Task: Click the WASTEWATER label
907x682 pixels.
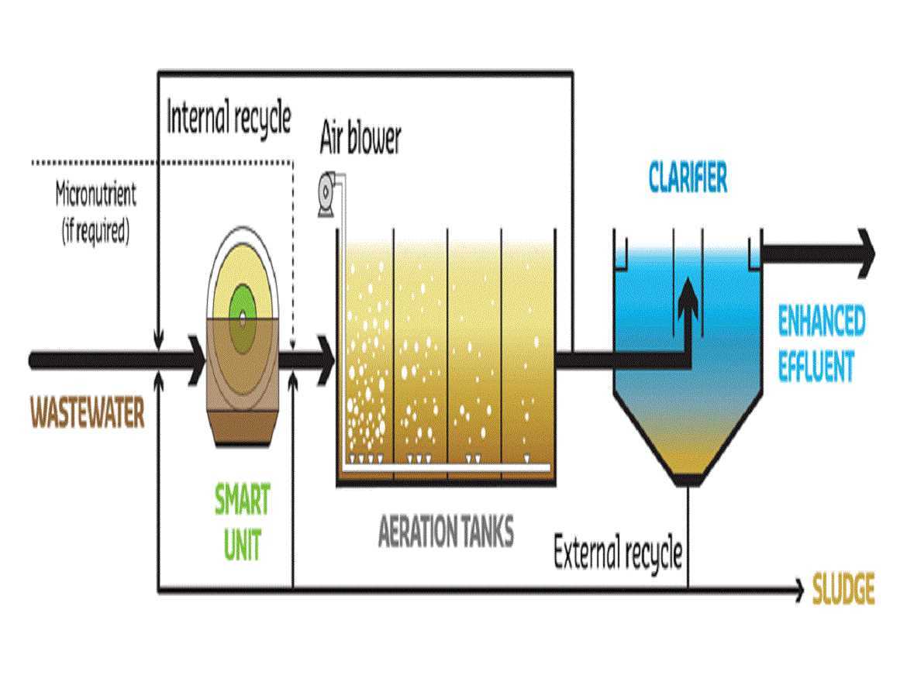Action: [x=87, y=413]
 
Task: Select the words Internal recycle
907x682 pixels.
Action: [x=229, y=118]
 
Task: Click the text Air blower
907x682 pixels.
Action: [x=360, y=139]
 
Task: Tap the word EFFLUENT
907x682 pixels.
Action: [x=816, y=366]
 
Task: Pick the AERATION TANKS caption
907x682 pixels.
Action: [x=446, y=533]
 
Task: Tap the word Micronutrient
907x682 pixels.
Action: [x=95, y=195]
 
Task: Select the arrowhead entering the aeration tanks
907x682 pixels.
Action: [x=326, y=360]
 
